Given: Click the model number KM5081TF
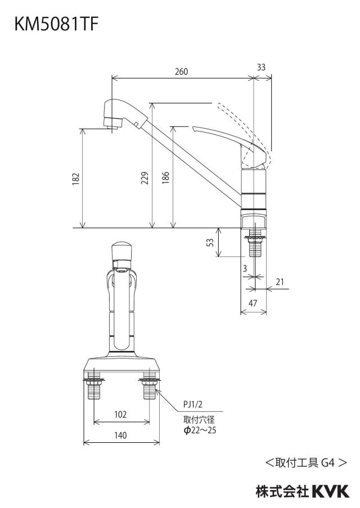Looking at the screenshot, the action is tap(56, 24).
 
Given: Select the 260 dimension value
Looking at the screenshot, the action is tap(181, 71).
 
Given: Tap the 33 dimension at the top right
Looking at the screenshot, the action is tap(261, 67).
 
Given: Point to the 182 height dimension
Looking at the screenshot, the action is tap(75, 179).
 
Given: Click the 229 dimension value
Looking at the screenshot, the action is tap(145, 178).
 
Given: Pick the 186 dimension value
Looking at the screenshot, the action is tap(165, 178).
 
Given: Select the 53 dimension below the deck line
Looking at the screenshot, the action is tap(210, 243).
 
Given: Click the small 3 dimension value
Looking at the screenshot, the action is tap(245, 268).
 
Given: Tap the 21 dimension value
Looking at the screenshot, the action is tap(280, 282).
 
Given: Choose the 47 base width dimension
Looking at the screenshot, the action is tap(253, 303).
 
